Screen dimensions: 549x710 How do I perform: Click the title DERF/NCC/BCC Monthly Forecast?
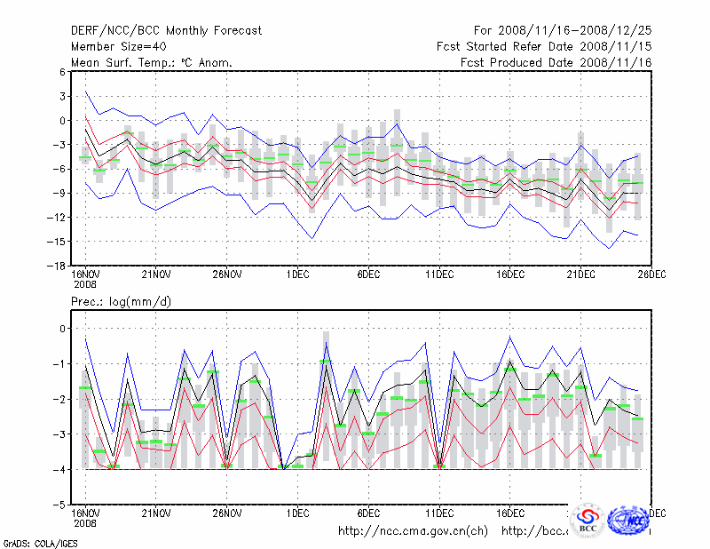(x=166, y=31)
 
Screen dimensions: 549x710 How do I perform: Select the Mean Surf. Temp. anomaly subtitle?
(x=152, y=62)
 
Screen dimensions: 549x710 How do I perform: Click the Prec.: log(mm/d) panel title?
(x=121, y=303)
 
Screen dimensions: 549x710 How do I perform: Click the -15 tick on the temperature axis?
(x=59, y=242)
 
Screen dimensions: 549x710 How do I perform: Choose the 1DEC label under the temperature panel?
(x=298, y=274)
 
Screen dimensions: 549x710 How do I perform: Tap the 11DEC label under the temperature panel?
(x=439, y=274)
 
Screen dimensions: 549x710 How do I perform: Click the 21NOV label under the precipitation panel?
(x=155, y=513)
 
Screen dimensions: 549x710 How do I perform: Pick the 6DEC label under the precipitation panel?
(x=368, y=513)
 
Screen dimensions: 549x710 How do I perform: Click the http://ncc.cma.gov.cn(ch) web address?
(x=413, y=531)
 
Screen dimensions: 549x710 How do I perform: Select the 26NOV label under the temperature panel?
(x=226, y=274)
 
